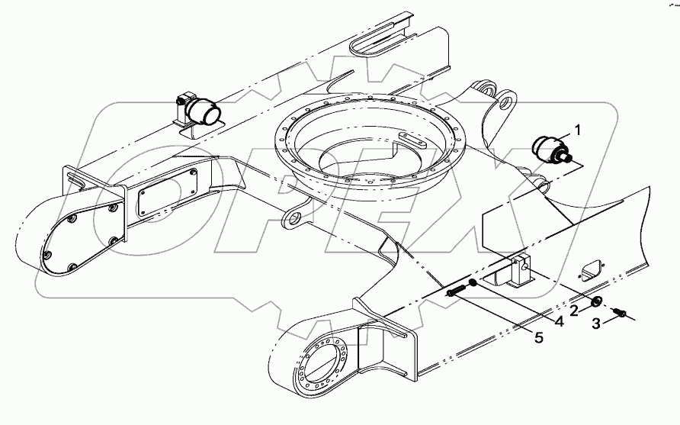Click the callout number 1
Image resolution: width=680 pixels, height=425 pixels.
[578, 130]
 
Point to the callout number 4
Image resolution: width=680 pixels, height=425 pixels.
[558, 321]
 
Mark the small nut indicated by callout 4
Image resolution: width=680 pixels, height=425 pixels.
[473, 283]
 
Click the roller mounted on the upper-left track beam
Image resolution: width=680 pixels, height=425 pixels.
[204, 112]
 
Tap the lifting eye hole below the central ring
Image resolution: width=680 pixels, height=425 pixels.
[291, 221]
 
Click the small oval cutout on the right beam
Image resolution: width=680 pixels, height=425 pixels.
[590, 269]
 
